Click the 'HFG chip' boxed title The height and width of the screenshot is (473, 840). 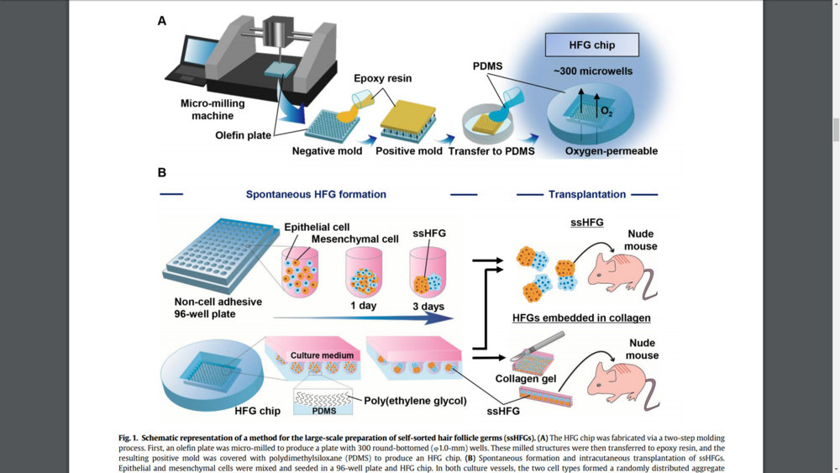point(591,45)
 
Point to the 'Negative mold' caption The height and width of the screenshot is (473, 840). point(327,151)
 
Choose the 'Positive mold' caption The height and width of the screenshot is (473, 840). point(409,151)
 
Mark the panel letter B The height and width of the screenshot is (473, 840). point(162,173)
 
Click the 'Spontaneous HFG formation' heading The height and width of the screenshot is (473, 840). point(316,194)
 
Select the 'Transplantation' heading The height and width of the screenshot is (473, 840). point(587,194)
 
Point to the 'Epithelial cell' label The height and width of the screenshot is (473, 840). point(317,227)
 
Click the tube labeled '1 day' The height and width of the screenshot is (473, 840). point(363,273)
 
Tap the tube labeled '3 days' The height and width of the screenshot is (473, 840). point(428,273)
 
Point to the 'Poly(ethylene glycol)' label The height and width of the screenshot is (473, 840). point(414,401)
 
